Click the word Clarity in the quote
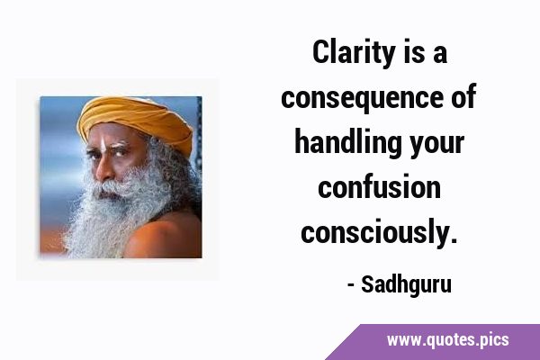click(354, 53)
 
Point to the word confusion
click(379, 187)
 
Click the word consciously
click(375, 233)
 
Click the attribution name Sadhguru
click(406, 285)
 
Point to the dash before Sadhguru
click(351, 285)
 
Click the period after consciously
click(454, 240)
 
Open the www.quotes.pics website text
click(447, 340)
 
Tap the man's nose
click(102, 169)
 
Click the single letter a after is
click(440, 55)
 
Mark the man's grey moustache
click(110, 189)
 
